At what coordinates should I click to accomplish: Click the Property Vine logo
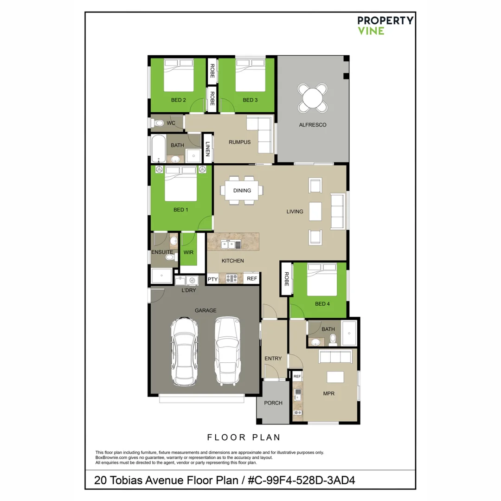click(385, 26)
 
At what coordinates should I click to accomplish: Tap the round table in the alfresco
click(312, 98)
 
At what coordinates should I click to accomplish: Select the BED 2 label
click(178, 100)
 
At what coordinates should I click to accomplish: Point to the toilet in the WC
click(159, 123)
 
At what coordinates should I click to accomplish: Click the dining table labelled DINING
click(242, 190)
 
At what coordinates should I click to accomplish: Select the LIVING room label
click(295, 212)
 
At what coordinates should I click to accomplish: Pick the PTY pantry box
click(212, 279)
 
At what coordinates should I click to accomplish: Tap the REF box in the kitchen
click(252, 279)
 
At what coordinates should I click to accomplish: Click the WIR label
click(188, 252)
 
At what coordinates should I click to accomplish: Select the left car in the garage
click(184, 351)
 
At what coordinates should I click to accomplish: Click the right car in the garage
click(227, 351)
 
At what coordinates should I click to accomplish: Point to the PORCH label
click(273, 403)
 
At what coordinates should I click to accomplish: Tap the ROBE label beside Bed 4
click(286, 279)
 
